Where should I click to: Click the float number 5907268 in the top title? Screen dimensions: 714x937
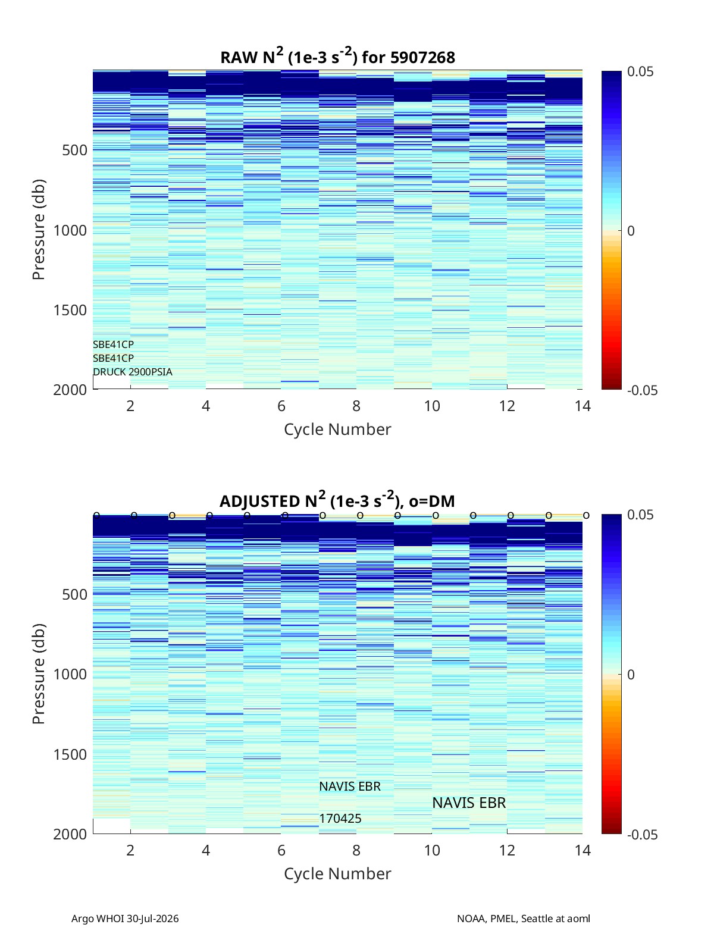[422, 58]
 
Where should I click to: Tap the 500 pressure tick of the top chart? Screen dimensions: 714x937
[74, 151]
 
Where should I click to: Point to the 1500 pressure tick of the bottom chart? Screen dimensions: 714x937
[70, 754]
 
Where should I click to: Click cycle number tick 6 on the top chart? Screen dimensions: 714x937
[281, 406]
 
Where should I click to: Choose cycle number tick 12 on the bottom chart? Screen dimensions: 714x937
[507, 850]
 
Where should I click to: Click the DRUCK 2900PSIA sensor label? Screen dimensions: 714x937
[133, 372]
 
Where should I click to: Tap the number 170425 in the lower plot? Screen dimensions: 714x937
[340, 819]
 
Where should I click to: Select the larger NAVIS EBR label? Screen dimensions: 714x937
[469, 803]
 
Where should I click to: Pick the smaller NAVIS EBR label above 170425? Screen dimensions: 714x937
[350, 786]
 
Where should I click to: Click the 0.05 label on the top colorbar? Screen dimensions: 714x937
[640, 72]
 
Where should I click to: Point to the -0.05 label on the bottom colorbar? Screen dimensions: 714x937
[642, 834]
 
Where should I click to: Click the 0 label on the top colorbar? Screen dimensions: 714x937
[631, 231]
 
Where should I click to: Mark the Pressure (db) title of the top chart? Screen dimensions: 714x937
[39, 230]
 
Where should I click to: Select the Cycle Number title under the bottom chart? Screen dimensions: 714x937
[337, 873]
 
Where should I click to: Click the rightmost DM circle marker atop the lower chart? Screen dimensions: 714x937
[586, 515]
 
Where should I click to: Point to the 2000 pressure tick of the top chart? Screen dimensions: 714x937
[70, 390]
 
